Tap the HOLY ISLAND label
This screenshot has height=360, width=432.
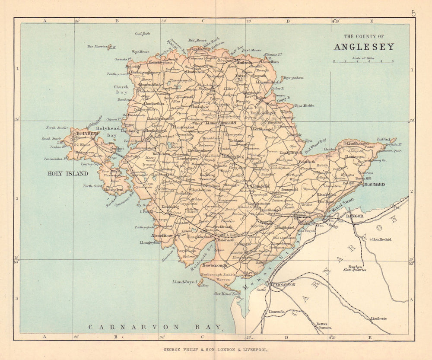point(70,174)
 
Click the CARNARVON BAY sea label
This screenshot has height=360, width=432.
point(155,327)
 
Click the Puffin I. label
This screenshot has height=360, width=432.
point(389,140)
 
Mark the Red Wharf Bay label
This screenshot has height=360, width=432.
point(315,145)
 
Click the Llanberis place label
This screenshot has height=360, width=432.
point(378,319)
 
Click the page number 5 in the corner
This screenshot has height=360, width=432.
point(413,13)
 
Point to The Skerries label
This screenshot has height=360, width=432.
point(97,46)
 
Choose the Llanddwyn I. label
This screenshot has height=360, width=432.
point(185,281)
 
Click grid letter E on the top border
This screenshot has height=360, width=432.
point(371,21)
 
